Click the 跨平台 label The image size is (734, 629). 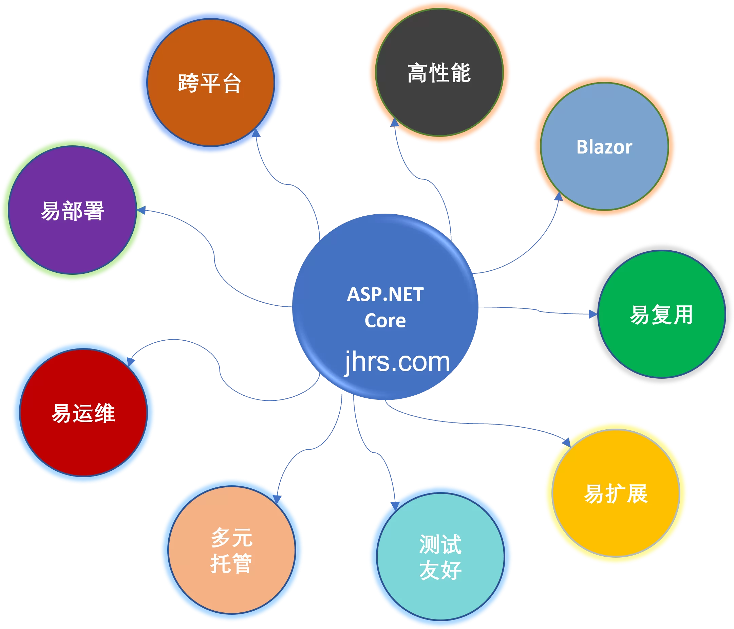(210, 83)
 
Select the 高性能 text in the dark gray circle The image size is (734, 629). (439, 73)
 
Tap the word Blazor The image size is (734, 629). (604, 147)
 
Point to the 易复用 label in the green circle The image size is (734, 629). (661, 314)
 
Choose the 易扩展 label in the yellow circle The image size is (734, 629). (616, 493)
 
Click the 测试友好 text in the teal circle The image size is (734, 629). (440, 557)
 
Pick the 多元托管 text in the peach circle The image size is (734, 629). (231, 550)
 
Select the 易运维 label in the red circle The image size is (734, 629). (83, 413)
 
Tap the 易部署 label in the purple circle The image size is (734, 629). (72, 211)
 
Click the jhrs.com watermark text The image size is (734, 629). (397, 362)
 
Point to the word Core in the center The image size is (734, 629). (385, 321)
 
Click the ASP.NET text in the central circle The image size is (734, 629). (385, 294)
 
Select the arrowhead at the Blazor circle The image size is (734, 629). (559, 196)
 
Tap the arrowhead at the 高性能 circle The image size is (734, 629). (394, 123)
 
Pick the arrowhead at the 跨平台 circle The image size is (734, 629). (256, 132)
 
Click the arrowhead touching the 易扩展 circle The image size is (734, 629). (566, 442)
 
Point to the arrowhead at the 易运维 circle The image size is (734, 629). (131, 361)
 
